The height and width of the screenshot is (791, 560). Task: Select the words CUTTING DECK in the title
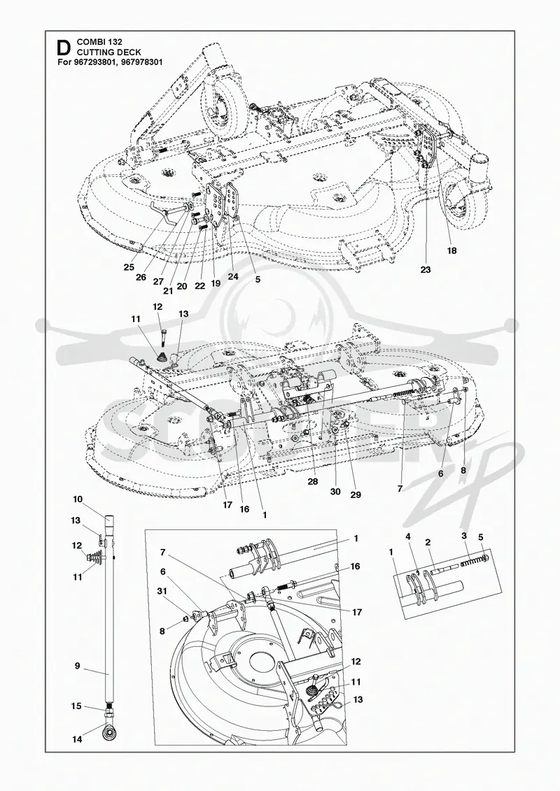click(x=108, y=52)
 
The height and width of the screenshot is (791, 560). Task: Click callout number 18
click(x=452, y=250)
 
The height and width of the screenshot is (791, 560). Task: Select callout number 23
click(x=425, y=270)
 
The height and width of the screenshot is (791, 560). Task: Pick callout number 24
click(x=232, y=276)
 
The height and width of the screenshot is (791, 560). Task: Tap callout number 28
click(x=313, y=482)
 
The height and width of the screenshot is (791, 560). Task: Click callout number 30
click(x=335, y=492)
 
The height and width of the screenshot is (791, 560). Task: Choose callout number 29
click(x=356, y=495)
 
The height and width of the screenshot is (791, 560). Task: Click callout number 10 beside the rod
click(x=77, y=499)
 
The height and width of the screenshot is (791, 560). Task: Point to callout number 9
click(x=77, y=666)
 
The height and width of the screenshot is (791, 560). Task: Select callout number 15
click(x=76, y=706)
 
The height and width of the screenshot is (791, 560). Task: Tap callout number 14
click(x=77, y=739)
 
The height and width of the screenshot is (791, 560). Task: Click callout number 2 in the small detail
click(x=428, y=543)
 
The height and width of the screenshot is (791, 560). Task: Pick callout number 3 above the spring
click(x=463, y=536)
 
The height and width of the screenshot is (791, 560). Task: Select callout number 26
click(x=141, y=277)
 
